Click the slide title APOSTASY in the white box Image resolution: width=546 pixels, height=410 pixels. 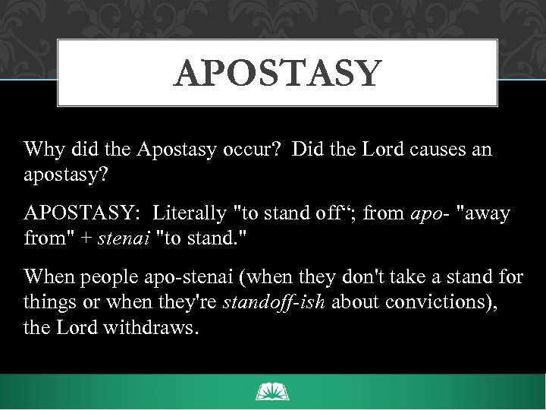pos(277,74)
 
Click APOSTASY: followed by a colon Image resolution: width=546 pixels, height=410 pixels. pos(77,213)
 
